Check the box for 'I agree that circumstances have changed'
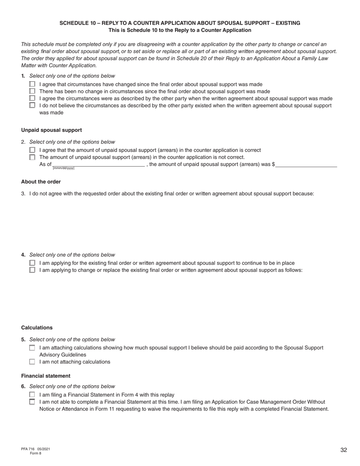32,84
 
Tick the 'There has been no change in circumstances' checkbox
32,91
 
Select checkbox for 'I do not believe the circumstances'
32,105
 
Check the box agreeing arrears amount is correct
32,150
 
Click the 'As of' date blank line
99,164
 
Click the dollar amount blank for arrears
306,164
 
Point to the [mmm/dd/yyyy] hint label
63,168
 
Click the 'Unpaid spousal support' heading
52,130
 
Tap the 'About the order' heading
41,181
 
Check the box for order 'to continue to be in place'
32,263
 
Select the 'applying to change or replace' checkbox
32,270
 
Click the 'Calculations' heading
37,328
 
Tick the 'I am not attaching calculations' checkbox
32,362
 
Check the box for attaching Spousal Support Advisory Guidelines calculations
32,348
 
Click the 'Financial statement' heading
46,376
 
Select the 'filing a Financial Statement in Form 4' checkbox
32,395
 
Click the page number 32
344,450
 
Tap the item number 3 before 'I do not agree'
23,194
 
